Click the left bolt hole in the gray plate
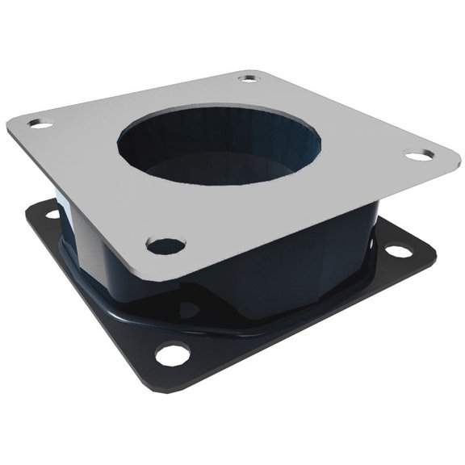coord(40,124)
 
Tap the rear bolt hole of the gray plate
coord(249,78)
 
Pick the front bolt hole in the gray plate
coord(165,244)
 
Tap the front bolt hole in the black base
coord(173,353)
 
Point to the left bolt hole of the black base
coord(53,214)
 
